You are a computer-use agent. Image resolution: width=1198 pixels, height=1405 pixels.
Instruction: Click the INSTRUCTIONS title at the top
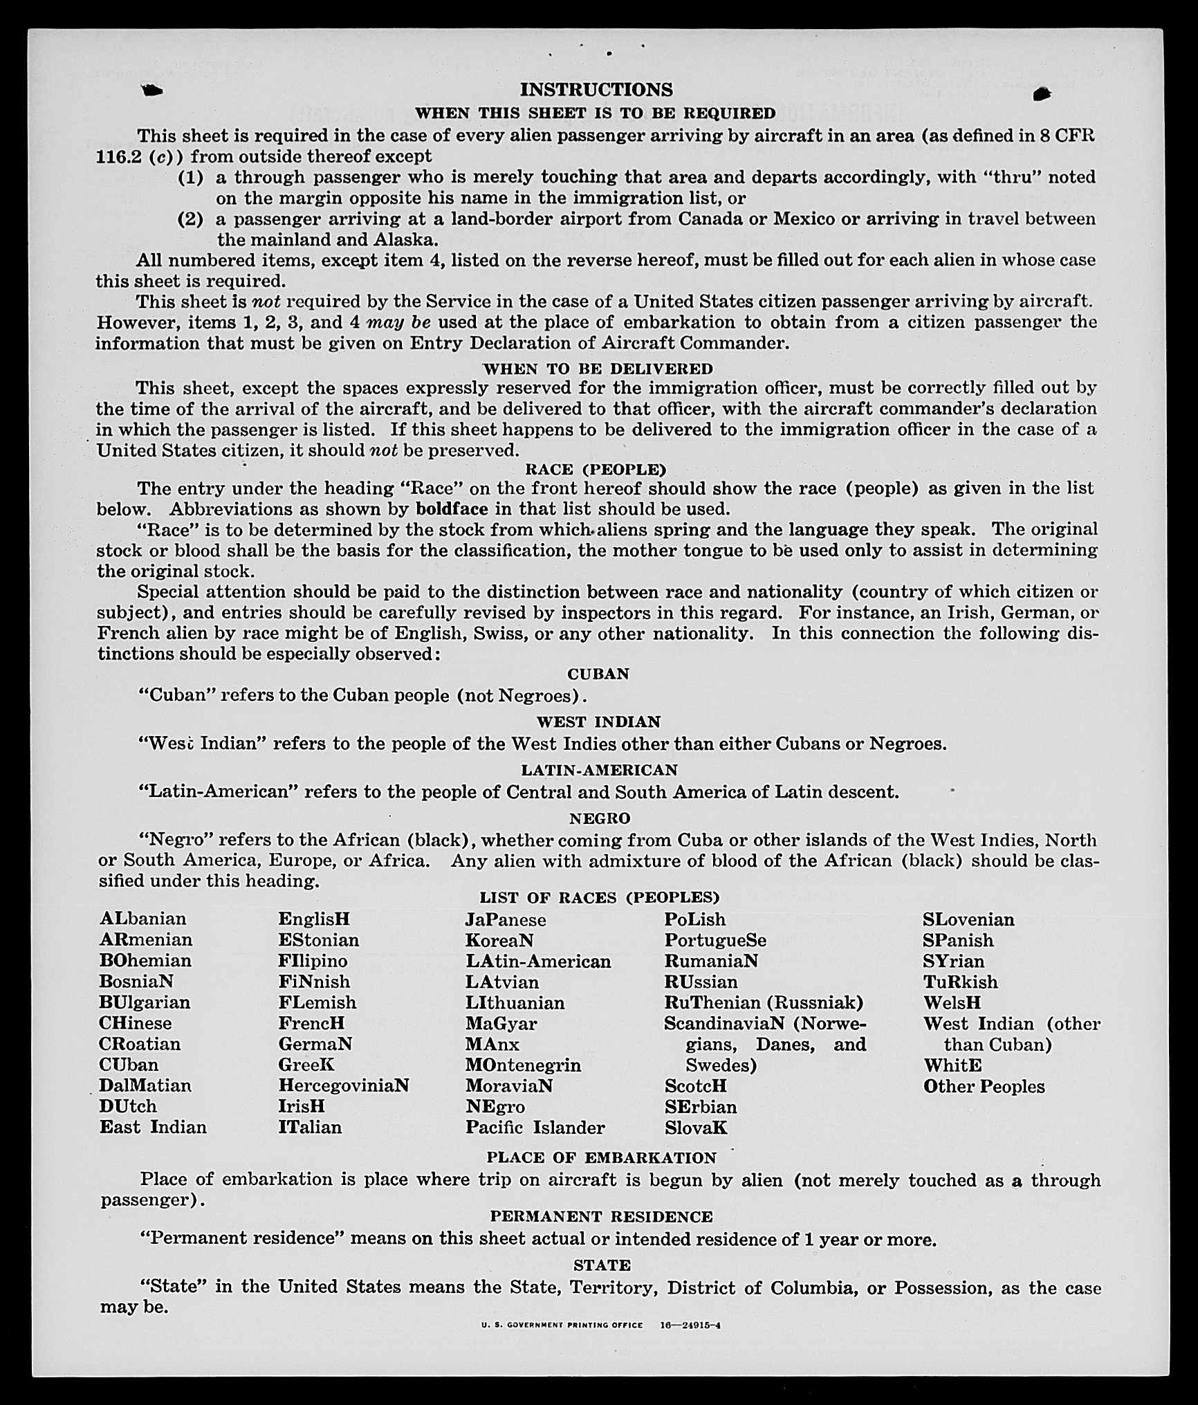(x=596, y=90)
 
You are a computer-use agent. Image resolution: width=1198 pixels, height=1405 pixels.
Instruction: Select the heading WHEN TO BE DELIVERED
(x=598, y=369)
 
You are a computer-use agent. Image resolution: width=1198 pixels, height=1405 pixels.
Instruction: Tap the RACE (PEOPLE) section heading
(x=596, y=470)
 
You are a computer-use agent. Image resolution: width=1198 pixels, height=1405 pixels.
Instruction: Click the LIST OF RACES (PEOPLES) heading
(x=600, y=897)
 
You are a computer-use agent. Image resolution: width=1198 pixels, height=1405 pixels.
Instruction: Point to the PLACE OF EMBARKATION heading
(x=601, y=1157)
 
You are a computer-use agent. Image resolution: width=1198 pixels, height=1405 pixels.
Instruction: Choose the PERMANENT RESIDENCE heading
(x=601, y=1216)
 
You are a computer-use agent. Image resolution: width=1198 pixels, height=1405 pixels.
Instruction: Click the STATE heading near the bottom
(x=602, y=1265)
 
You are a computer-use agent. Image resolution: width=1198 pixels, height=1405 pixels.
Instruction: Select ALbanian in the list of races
(x=143, y=919)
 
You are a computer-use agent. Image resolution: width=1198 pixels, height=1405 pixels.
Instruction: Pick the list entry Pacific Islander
(x=535, y=1127)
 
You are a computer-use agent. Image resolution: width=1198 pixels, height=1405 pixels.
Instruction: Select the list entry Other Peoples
(x=984, y=1086)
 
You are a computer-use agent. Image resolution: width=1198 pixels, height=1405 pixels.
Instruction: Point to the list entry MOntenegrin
(x=523, y=1065)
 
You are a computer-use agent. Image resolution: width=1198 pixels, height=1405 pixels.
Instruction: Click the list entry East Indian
(x=153, y=1127)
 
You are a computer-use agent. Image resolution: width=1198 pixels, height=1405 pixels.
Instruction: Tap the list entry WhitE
(x=952, y=1065)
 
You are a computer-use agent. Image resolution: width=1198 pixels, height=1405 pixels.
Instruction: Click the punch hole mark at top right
(x=1042, y=94)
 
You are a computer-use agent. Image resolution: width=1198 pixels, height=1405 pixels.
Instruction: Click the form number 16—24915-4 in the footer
(x=690, y=1325)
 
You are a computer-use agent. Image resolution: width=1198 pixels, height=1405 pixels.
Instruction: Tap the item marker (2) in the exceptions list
(x=191, y=219)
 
